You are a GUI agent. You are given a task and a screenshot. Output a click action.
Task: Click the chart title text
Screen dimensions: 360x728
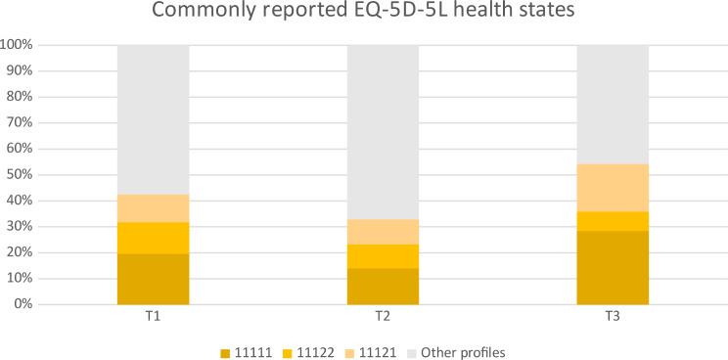[x=364, y=15]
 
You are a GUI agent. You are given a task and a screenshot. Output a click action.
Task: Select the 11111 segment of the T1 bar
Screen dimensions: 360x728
[x=153, y=279]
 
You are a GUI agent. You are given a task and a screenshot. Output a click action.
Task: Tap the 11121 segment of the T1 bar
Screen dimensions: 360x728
[x=153, y=207]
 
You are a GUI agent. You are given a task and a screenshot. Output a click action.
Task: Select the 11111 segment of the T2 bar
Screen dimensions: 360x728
[x=383, y=286]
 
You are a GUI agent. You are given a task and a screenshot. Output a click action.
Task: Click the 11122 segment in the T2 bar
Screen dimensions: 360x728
[x=383, y=255]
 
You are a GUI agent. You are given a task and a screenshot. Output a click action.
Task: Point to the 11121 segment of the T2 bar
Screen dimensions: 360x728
[x=383, y=231]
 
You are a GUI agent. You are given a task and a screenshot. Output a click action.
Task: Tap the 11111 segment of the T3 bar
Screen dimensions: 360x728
[x=613, y=267]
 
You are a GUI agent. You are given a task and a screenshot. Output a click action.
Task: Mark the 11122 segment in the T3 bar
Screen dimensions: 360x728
[x=613, y=221]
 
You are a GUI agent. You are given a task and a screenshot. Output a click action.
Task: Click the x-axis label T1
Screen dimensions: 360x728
[x=153, y=319]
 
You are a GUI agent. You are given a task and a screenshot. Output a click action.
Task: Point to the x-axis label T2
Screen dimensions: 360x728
[x=383, y=319]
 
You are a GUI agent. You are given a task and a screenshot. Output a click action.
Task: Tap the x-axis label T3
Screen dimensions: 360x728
[x=613, y=319]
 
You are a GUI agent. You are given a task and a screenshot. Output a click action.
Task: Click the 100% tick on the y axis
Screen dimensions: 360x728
[x=19, y=45]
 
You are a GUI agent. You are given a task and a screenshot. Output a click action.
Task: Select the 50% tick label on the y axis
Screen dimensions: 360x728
[x=22, y=175]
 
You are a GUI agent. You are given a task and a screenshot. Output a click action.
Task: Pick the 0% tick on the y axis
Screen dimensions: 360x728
[x=25, y=304]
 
